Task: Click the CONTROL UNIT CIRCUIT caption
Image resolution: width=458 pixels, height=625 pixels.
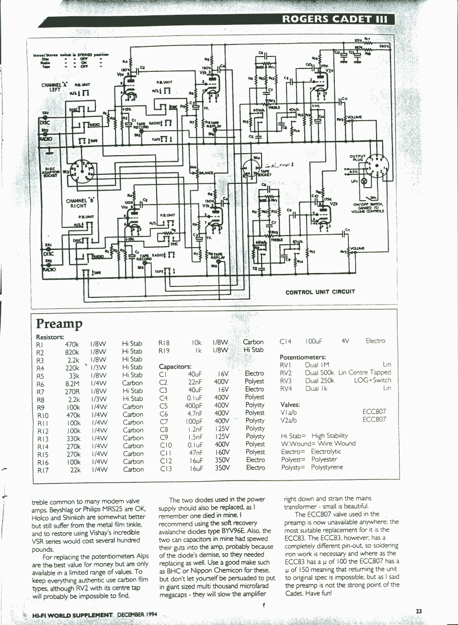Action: [x=320, y=292]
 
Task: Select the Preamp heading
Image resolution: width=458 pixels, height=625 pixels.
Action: [x=59, y=324]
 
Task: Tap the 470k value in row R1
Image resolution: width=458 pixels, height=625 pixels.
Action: [x=72, y=344]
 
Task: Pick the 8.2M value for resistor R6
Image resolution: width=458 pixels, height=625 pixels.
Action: [x=72, y=384]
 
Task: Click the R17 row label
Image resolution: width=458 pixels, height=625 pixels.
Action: [x=43, y=470]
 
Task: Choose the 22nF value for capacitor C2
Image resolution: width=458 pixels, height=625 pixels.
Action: [x=195, y=382]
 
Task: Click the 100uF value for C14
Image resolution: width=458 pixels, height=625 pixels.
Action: [x=314, y=341]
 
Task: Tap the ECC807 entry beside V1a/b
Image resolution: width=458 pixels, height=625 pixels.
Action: [x=374, y=411]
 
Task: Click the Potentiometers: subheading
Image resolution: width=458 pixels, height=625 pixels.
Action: [x=303, y=357]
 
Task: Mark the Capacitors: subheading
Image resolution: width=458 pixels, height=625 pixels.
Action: [x=175, y=366]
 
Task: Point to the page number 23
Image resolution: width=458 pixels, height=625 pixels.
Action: [x=419, y=611]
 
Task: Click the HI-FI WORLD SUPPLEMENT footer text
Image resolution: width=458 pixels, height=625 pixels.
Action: [x=72, y=614]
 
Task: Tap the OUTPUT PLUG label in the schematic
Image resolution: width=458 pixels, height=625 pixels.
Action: [x=357, y=158]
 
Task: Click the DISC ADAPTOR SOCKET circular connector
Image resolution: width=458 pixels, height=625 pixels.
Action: [x=82, y=172]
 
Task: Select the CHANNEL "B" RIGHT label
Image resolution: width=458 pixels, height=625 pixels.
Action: [x=77, y=203]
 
